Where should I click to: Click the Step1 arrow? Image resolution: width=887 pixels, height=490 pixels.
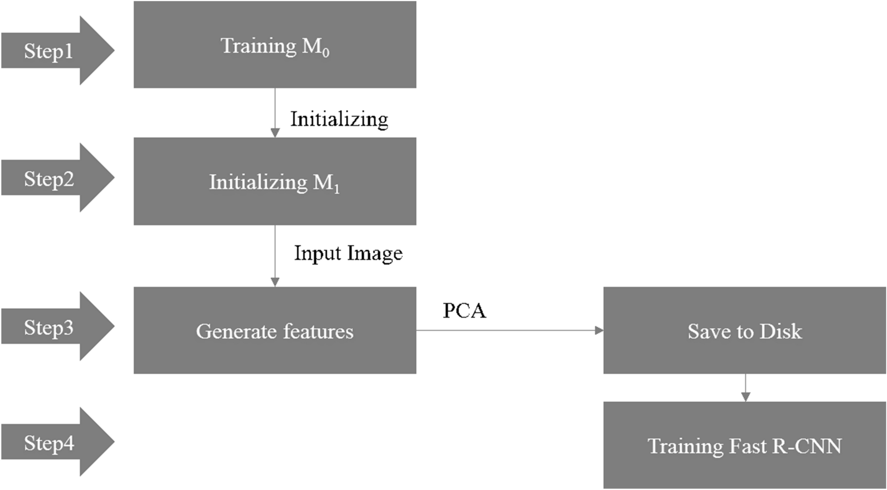53,51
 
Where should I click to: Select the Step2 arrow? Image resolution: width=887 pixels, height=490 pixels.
53,178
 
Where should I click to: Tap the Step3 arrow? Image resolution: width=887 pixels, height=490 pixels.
53,327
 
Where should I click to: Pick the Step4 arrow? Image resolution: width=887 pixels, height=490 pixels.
53,442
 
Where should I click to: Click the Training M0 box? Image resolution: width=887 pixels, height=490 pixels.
275,44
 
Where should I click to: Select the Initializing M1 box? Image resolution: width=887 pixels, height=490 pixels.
275,181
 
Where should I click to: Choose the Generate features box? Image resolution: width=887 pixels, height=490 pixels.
275,330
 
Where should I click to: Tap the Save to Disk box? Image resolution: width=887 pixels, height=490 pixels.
745,330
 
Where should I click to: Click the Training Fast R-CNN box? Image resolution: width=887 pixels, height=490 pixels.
745,445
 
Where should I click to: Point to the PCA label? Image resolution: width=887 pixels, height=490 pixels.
464,310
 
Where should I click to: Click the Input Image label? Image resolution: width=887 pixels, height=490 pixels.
348,253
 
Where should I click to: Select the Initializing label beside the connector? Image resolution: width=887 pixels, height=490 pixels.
339,119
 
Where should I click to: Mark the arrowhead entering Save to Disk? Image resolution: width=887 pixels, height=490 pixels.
599,330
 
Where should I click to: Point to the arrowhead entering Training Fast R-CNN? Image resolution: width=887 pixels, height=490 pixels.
746,397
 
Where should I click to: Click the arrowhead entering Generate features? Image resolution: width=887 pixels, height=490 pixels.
275,282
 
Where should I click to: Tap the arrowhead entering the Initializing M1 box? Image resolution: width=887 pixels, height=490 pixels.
275,133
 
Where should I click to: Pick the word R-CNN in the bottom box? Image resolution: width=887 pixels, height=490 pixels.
807,446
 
